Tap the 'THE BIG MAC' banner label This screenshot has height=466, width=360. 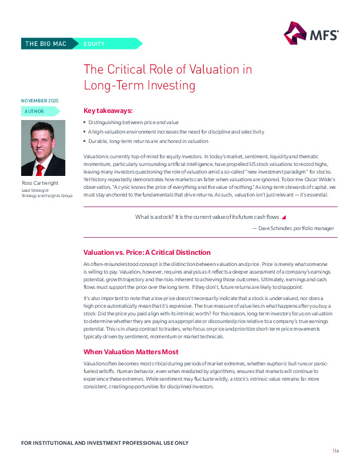click(45, 44)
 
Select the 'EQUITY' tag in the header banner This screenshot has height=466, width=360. click(94, 44)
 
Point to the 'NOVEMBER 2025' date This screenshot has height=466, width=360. click(39, 101)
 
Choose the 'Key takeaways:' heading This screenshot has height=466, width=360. click(108, 110)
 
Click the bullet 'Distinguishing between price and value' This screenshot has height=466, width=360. click(133, 122)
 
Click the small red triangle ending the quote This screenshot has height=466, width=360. click(284, 217)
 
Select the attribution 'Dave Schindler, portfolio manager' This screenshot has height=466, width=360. click(293, 228)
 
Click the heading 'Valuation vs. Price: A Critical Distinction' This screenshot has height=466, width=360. click(147, 252)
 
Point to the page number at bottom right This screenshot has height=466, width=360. click(335, 450)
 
